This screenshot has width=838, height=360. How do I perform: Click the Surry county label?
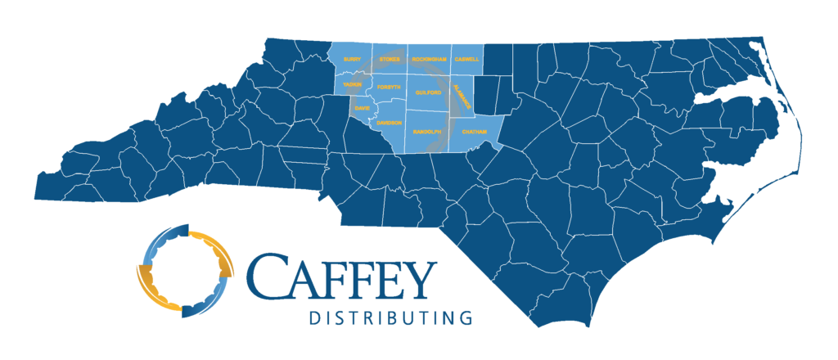352,60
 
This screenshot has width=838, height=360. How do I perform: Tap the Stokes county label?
390,60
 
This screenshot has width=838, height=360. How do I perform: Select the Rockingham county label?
430,60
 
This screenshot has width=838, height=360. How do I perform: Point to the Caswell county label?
466,60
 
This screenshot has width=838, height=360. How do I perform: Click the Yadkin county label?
353,84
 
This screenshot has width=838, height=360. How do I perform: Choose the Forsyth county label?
390,87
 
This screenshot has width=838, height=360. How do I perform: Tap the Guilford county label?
428,93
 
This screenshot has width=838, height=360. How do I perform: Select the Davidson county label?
390,123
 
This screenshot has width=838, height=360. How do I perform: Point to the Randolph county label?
426,131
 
